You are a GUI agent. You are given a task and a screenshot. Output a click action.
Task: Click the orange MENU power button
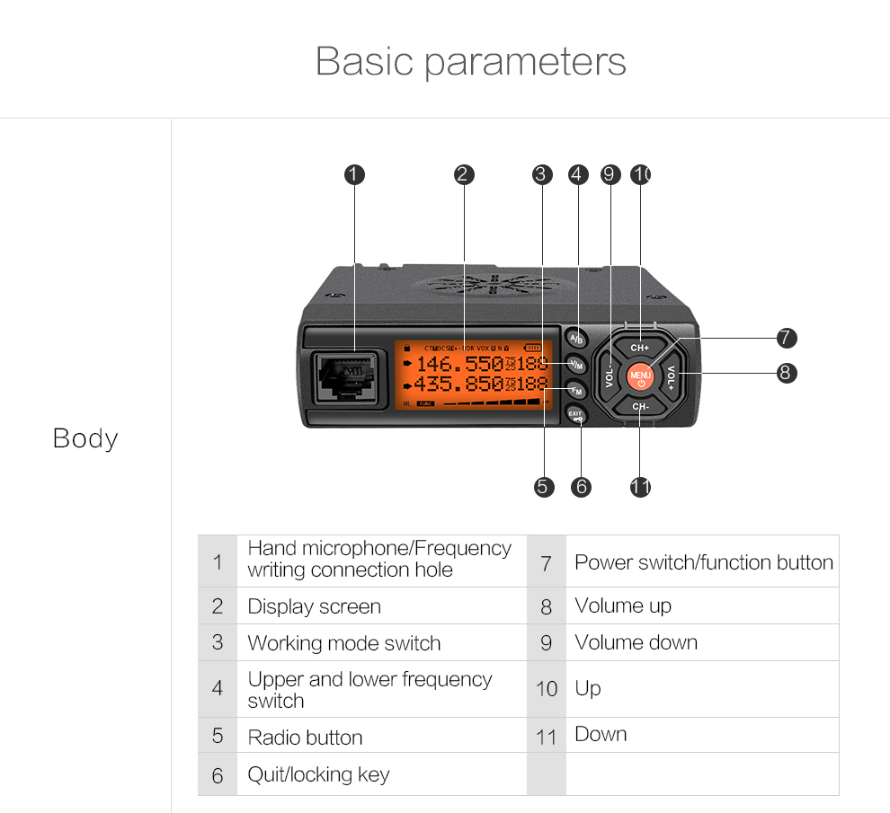pos(640,376)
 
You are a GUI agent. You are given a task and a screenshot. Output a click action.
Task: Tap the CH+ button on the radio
pos(639,347)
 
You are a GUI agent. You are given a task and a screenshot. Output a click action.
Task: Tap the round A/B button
pos(576,339)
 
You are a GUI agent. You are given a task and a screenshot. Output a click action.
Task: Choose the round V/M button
pos(576,365)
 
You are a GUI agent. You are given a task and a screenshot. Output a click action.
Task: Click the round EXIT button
pos(576,415)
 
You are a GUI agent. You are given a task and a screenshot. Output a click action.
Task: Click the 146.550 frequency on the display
pos(458,364)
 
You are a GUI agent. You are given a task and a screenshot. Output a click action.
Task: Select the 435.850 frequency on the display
pos(458,384)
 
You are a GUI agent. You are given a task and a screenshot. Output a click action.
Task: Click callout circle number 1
pos(355,174)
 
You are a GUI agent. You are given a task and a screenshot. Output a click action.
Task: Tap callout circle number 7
pos(787,338)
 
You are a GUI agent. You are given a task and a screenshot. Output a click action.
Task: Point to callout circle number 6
pos(582,487)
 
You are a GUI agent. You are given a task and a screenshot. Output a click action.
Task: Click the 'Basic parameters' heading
pos(470,61)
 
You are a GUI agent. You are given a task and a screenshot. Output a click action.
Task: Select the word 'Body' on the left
pos(85,438)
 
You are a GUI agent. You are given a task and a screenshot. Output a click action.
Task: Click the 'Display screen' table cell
pos(315,606)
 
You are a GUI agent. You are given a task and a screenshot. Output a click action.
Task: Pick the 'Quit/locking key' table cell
pos(318,774)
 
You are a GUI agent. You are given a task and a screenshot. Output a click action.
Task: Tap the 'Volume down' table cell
pos(636,642)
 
